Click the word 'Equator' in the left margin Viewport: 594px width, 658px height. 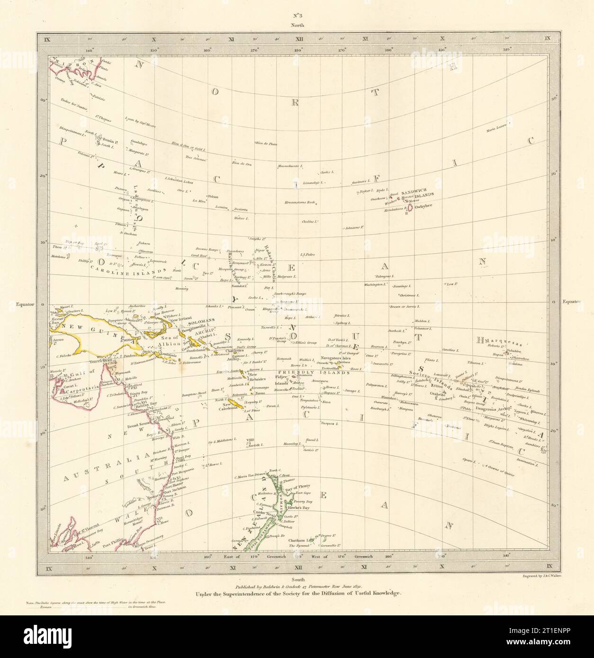click(25, 304)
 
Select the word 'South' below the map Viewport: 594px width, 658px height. click(297, 579)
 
